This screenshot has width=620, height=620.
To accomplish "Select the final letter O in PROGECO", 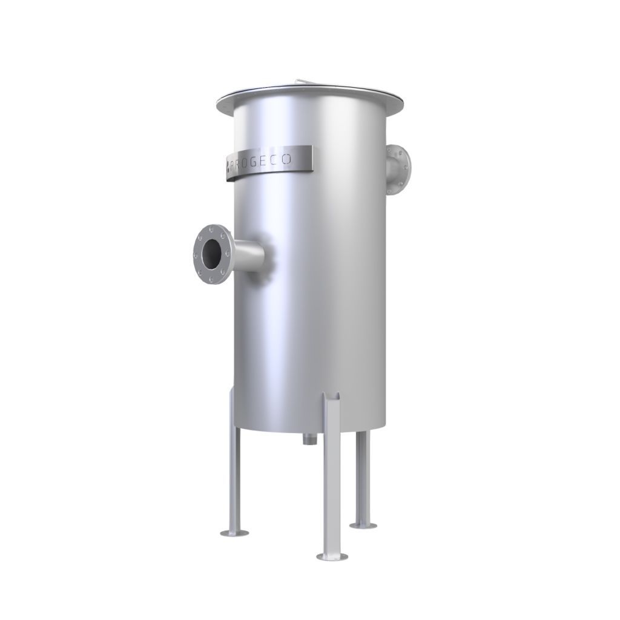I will point(288,159).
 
